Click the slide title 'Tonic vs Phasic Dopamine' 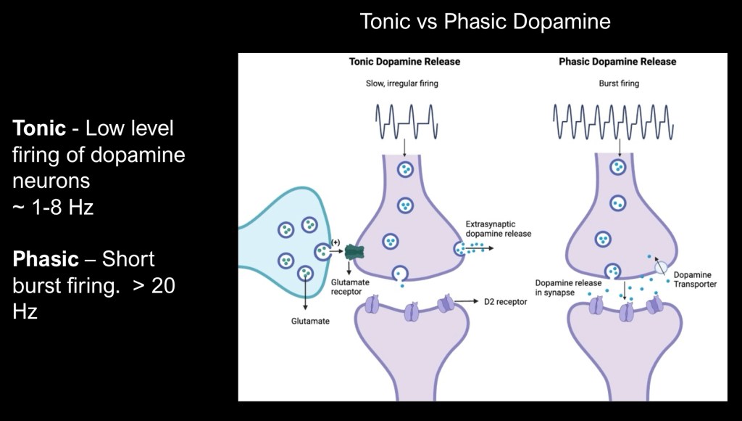[x=485, y=22]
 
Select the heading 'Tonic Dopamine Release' [x=404, y=62]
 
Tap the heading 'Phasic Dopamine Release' [x=617, y=62]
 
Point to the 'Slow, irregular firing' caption [x=402, y=83]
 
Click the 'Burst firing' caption [x=619, y=83]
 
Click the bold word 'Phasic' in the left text [x=45, y=259]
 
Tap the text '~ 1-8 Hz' [x=53, y=208]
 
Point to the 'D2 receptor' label [x=504, y=301]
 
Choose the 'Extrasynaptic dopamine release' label [x=499, y=229]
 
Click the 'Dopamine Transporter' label [x=695, y=279]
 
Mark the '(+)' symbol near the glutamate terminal [x=335, y=242]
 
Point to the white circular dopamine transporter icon [x=660, y=267]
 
